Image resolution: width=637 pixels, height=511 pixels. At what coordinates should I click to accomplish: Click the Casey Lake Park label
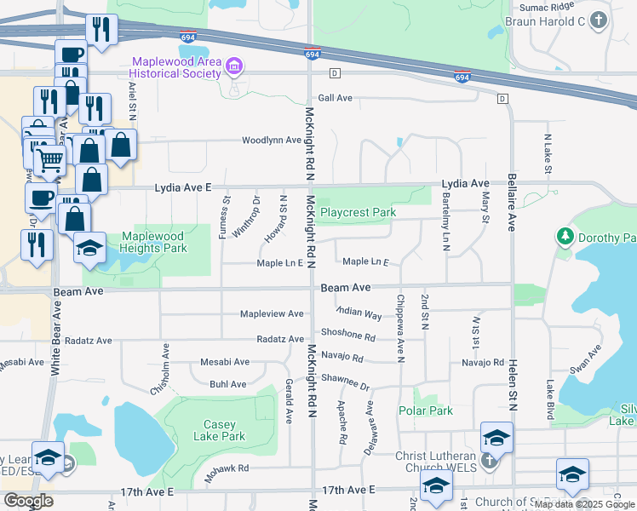point(225,431)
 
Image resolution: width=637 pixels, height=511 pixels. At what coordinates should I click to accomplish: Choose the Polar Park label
point(426,411)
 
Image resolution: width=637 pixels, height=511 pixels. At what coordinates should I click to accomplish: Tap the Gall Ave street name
point(335,99)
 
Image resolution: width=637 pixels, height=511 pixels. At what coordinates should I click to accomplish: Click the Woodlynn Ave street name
point(272,140)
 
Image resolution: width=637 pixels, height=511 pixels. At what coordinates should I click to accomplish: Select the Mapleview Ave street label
point(272,314)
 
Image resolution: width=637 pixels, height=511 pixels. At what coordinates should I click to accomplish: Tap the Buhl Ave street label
point(227,385)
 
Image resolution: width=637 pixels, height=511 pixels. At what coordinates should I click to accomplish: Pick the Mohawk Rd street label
point(232,468)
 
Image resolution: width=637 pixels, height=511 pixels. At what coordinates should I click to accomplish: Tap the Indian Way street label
point(359,313)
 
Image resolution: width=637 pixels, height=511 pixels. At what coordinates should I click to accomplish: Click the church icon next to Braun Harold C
point(599,20)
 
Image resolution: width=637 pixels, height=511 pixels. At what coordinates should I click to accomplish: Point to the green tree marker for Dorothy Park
point(563,235)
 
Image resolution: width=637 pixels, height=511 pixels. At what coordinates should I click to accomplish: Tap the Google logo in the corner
point(28,501)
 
